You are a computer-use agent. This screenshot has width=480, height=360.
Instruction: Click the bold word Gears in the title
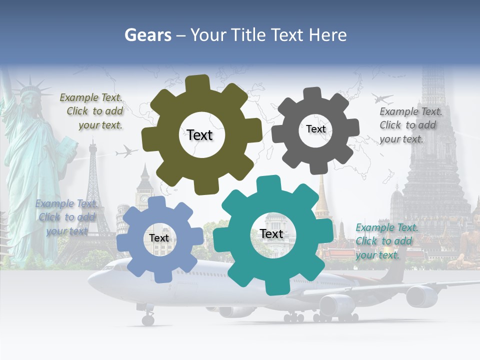147,35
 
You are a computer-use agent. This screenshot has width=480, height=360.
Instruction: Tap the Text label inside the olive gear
199,135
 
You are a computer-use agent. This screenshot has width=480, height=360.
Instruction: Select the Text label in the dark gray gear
315,129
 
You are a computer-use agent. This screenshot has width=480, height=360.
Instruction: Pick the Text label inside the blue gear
159,238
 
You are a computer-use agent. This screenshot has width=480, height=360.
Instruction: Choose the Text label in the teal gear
271,233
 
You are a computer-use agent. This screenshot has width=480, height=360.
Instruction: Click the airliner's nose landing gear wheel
148,319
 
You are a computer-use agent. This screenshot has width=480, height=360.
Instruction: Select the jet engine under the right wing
421,296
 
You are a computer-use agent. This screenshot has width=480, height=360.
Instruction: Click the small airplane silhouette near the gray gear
382,97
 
